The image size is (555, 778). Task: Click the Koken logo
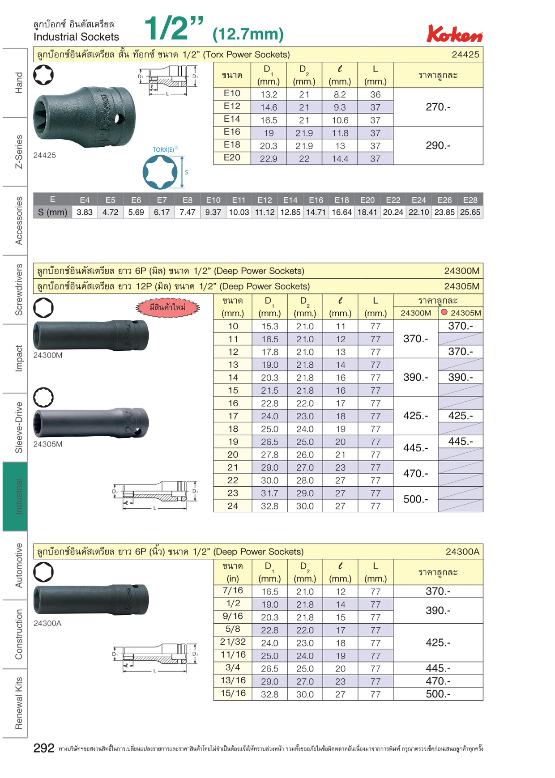[455, 34]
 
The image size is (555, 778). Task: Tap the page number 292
[44, 748]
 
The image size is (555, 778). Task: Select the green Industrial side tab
[15, 496]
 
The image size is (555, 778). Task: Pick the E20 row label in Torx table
[232, 157]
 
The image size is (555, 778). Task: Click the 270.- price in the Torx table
[438, 107]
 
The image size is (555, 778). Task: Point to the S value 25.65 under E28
[470, 212]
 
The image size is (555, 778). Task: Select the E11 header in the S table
[239, 200]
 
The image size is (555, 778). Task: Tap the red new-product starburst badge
[168, 307]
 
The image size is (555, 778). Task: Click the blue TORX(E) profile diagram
[160, 172]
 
